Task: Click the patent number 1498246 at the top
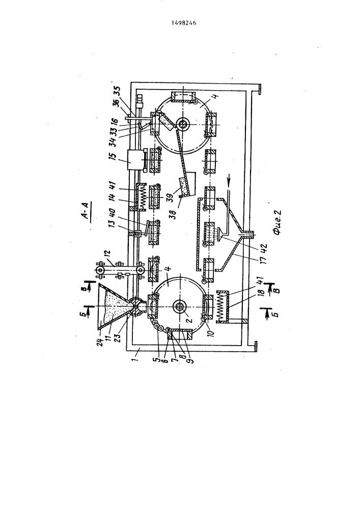coord(183,23)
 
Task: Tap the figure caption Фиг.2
coord(276,222)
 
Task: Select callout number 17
coord(265,258)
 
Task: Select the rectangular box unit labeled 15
coord(134,160)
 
